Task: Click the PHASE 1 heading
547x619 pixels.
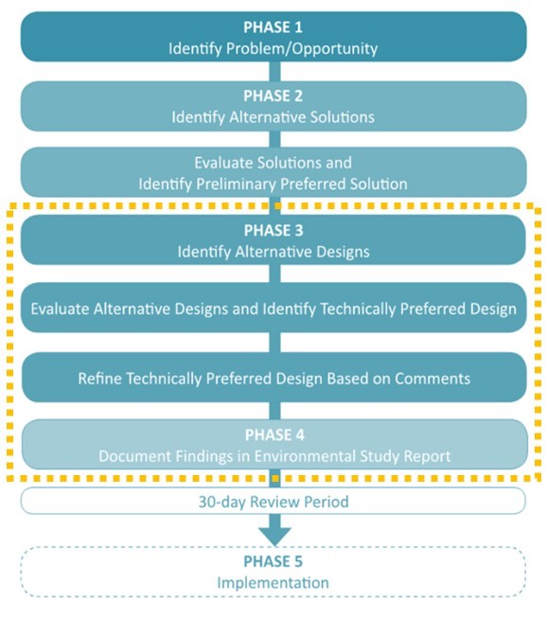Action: coord(273,27)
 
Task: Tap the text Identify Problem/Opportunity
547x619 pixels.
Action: coord(273,48)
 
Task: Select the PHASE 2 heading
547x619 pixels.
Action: coord(273,96)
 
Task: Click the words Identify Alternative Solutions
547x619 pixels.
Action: coord(273,116)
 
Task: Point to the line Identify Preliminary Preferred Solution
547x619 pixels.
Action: coord(273,184)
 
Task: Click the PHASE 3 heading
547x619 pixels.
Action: coord(273,231)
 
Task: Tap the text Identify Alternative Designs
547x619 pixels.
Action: coord(273,252)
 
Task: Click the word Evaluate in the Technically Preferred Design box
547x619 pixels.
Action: coord(60,309)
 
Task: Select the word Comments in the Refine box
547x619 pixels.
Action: coord(432,379)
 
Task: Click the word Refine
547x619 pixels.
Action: coord(100,379)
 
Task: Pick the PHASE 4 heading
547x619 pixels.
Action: coord(274,435)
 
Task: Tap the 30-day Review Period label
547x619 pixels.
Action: coord(273,502)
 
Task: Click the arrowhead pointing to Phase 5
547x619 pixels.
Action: coord(275,536)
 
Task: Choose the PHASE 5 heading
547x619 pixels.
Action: coord(273,561)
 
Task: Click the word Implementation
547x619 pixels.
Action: coord(273,583)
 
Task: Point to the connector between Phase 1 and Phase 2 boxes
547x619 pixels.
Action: coord(275,71)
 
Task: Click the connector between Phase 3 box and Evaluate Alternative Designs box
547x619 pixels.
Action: coord(275,274)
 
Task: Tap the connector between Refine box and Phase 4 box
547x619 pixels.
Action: coord(275,411)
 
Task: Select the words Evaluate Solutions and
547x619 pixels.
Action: coord(273,163)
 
